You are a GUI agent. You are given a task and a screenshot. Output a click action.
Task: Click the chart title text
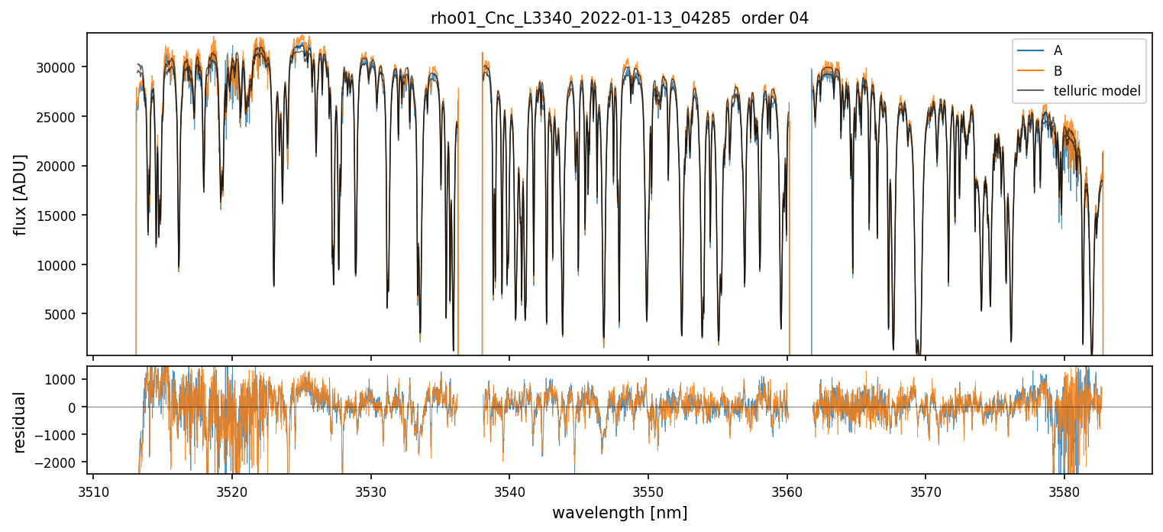tap(619, 19)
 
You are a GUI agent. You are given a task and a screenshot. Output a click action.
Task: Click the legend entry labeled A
tap(1058, 50)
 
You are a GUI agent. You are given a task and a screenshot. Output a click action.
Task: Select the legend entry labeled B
tap(1058, 71)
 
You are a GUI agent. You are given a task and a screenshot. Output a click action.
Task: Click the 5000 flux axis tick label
tap(63, 314)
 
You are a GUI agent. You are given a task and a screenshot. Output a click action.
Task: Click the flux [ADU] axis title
tap(21, 194)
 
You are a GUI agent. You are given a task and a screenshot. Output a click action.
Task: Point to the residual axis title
tap(21, 422)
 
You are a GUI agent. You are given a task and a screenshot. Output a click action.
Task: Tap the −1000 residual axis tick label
tap(60, 435)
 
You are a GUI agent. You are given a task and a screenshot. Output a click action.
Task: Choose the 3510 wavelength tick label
tap(93, 491)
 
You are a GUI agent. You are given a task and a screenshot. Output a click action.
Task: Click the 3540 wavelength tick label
tap(509, 491)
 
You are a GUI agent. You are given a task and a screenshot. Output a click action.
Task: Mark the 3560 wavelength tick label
tap(787, 491)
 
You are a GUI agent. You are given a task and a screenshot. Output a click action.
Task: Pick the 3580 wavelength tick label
tap(1064, 491)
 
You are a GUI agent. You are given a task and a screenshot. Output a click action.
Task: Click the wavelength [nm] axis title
tap(619, 512)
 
